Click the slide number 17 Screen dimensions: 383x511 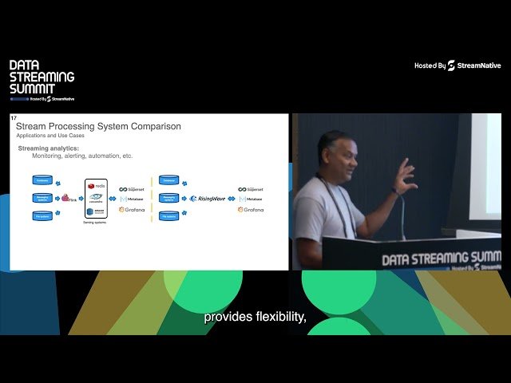(x=14, y=118)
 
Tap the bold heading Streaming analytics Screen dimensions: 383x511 (x=49, y=148)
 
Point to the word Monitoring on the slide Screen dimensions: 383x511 (x=60, y=156)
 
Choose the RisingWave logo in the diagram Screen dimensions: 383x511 (x=208, y=198)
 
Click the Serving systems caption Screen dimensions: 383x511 (x=96, y=223)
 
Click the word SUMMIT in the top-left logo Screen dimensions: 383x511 (x=27, y=89)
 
